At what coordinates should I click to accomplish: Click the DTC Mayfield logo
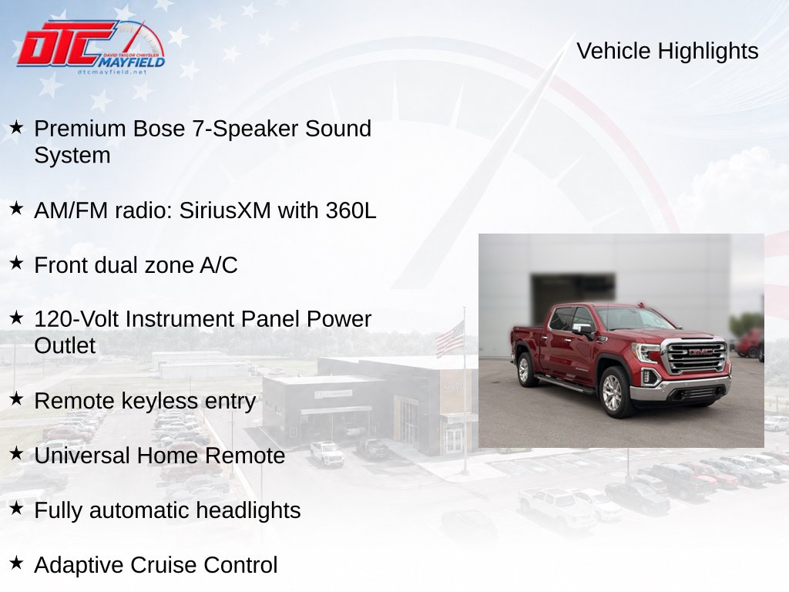[91, 47]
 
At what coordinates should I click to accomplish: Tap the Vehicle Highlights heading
[667, 51]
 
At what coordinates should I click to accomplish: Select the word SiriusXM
[225, 210]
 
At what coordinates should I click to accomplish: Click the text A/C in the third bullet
[218, 265]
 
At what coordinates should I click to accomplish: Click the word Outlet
[65, 346]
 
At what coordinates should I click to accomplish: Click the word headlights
[248, 510]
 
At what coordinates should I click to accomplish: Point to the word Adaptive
[79, 565]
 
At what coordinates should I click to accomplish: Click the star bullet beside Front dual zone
[17, 262]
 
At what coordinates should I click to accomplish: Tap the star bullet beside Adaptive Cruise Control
[17, 562]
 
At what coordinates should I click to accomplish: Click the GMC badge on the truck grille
[701, 351]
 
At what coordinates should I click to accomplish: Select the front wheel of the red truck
[613, 392]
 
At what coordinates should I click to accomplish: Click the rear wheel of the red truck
[525, 369]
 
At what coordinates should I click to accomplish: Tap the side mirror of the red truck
[583, 330]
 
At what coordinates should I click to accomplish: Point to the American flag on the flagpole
[450, 339]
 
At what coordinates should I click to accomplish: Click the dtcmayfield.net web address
[112, 72]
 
